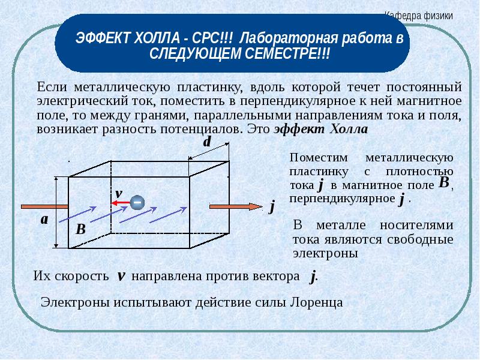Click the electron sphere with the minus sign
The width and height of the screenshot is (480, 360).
click(137, 202)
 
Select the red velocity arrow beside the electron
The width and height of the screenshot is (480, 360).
click(121, 203)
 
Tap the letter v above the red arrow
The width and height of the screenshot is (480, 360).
click(119, 193)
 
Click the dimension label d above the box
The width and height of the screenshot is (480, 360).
click(207, 142)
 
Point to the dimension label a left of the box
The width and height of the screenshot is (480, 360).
click(44, 220)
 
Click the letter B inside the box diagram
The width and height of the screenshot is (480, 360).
click(80, 229)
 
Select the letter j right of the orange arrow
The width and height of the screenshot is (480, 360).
click(272, 206)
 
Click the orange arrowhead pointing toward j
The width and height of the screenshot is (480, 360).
click(256, 206)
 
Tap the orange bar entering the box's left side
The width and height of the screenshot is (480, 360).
click(44, 207)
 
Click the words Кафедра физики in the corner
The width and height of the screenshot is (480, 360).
click(418, 16)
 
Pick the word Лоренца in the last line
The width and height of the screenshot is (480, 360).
click(316, 302)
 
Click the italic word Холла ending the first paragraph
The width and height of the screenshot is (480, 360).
click(349, 129)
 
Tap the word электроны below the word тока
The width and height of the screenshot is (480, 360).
click(325, 253)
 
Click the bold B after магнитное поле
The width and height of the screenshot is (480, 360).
click(444, 182)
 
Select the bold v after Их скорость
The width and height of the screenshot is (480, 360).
click(121, 276)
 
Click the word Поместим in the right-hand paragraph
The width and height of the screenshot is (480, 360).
click(319, 158)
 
